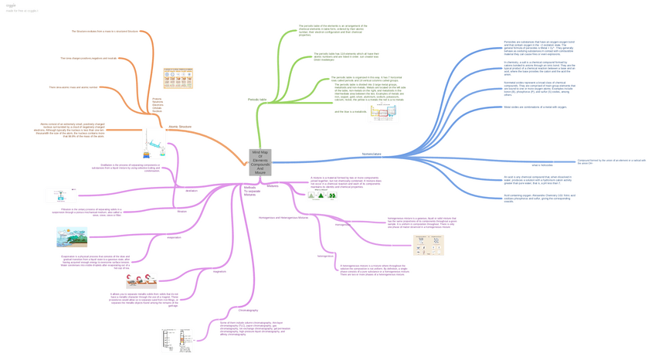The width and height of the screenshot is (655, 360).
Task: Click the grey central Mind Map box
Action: point(260,163)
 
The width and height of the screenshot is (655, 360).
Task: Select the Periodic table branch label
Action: point(257,100)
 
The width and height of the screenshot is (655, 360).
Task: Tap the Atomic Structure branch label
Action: point(180,126)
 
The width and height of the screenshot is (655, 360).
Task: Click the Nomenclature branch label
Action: point(372,155)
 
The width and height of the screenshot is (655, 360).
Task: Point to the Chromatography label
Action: point(226,310)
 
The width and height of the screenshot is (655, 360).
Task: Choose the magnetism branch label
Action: point(219,271)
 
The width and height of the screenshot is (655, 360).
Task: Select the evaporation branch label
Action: point(175,237)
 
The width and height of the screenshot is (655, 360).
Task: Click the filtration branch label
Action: point(182,211)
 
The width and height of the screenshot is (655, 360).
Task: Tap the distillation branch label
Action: point(192,190)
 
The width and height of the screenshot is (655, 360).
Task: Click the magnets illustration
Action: point(141,281)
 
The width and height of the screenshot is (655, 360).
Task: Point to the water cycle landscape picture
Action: point(72,237)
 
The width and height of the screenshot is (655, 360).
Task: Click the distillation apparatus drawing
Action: point(154,144)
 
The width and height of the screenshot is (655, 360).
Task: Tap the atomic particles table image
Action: point(178,78)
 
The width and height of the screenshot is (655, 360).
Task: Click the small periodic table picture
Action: point(383,113)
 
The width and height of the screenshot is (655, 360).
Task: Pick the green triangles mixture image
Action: point(322,195)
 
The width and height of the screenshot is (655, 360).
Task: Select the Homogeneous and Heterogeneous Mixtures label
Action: point(283,218)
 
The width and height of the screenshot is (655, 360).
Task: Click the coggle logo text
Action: point(11,5)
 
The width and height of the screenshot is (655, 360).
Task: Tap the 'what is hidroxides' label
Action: point(541,165)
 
